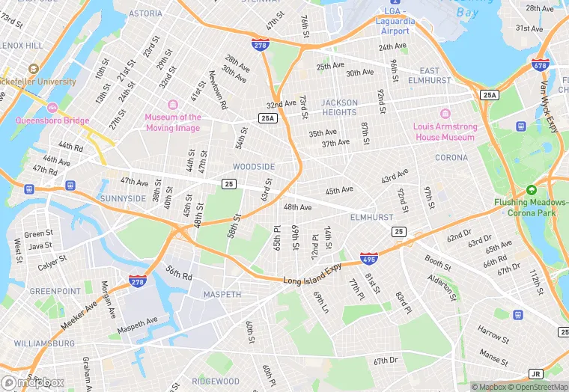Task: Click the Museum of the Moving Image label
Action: click(173, 122)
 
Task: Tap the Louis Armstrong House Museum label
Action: click(444, 132)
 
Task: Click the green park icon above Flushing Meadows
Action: click(532, 191)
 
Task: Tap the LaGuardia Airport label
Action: click(395, 26)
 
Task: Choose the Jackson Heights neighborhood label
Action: click(339, 107)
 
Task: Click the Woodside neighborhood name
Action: click(254, 167)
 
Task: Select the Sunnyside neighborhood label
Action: click(124, 198)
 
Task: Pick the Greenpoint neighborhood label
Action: click(55, 291)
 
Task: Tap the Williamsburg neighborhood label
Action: click(44, 343)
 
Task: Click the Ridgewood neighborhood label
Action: click(215, 382)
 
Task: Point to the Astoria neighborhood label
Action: click(145, 13)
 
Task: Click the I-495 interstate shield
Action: click(368, 257)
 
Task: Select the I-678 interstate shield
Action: click(540, 64)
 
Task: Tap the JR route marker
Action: click(535, 373)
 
